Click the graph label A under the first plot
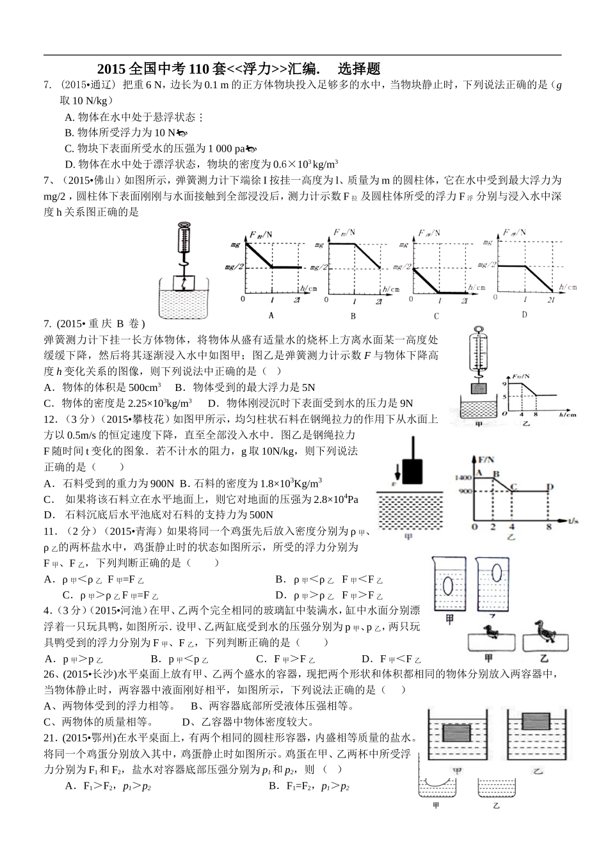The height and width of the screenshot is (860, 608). click(x=271, y=315)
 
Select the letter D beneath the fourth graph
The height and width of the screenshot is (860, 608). click(x=524, y=314)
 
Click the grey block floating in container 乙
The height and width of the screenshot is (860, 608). click(x=537, y=721)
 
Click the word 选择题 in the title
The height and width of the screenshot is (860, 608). click(x=359, y=68)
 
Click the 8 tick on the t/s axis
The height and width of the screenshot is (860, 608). click(x=548, y=527)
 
